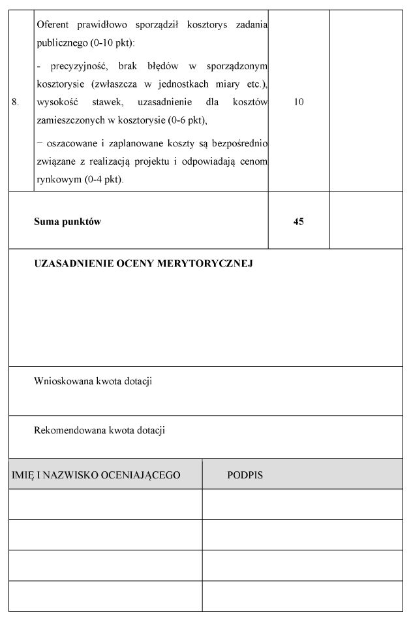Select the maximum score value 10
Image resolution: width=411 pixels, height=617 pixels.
[x=299, y=102]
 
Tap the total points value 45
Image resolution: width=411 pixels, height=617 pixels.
[x=299, y=222]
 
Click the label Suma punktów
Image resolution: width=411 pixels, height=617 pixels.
[x=67, y=222]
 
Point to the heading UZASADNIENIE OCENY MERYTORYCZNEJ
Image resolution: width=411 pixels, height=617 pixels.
[x=143, y=264]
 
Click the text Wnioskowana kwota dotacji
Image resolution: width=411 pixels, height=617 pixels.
[x=93, y=381]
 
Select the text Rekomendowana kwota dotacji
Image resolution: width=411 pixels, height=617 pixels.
[x=99, y=430]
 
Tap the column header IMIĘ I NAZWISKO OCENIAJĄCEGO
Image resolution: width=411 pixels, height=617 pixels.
[x=96, y=475]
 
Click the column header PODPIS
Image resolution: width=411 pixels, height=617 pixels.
[x=245, y=475]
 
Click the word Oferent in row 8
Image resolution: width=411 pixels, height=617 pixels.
[x=53, y=24]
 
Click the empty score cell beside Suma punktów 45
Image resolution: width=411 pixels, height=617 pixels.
[x=366, y=222]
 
